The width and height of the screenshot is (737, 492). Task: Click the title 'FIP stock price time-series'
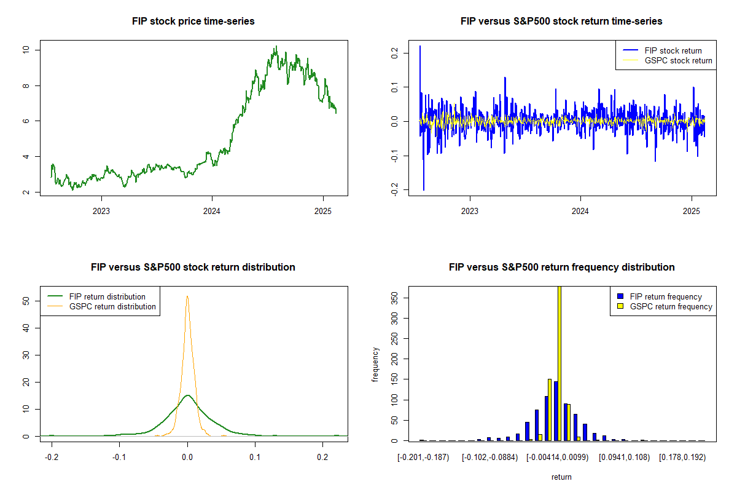tap(193, 22)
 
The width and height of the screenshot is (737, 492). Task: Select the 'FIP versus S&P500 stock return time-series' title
tap(561, 22)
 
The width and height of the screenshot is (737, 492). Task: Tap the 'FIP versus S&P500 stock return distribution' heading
tap(193, 268)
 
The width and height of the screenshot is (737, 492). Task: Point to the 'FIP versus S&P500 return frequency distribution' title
tap(561, 268)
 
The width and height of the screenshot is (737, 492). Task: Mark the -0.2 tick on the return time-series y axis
tap(394, 191)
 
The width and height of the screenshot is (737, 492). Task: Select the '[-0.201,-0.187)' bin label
tap(423, 458)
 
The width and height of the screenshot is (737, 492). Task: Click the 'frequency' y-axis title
tap(375, 363)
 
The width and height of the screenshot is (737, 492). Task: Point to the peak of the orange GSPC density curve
tap(187, 296)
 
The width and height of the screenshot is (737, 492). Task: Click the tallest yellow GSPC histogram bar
tap(560, 363)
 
